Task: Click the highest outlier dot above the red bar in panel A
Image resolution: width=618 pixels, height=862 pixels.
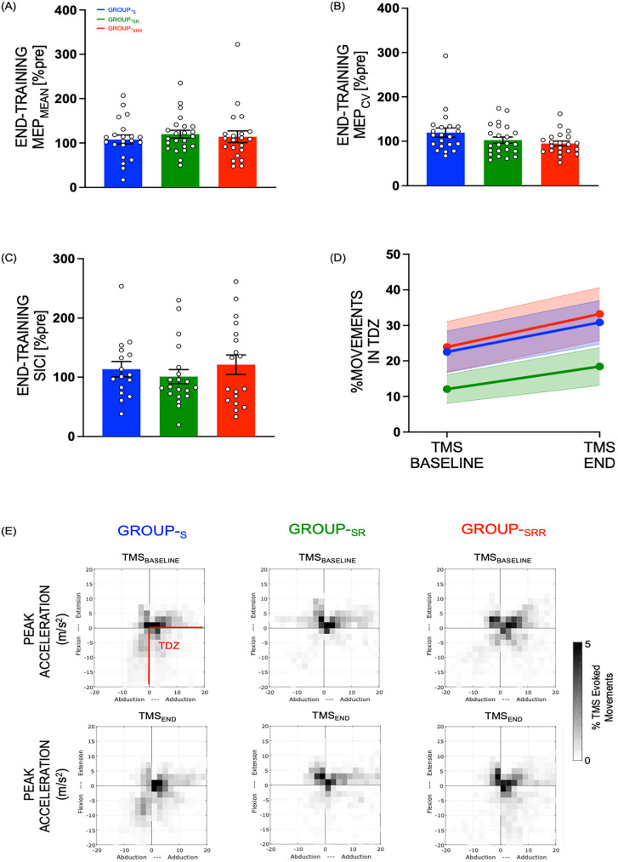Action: [237, 44]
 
